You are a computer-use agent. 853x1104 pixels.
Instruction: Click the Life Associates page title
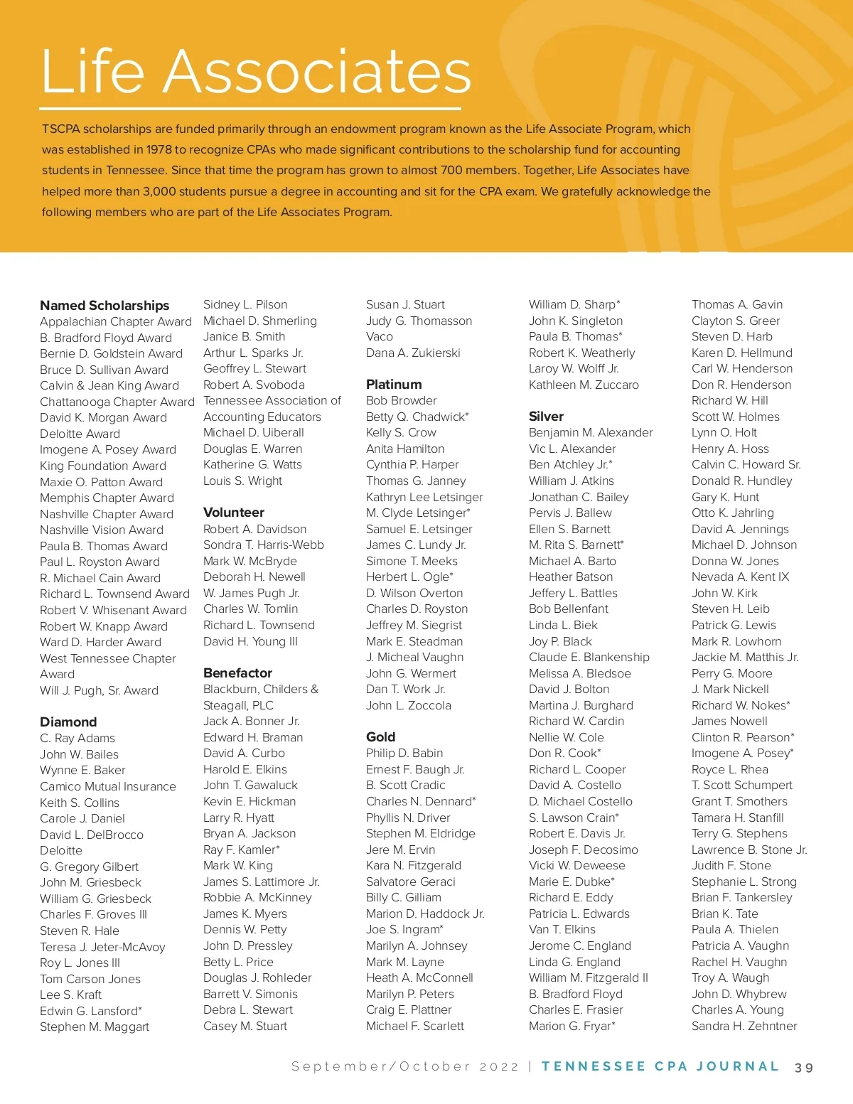pyautogui.click(x=256, y=71)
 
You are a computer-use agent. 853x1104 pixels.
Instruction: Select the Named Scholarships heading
pyautogui.click(x=104, y=306)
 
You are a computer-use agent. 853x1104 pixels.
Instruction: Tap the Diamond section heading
pyautogui.click(x=68, y=722)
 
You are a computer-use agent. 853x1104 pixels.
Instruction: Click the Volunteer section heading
pyautogui.click(x=234, y=513)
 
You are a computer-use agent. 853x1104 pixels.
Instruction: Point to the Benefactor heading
pyautogui.click(x=237, y=673)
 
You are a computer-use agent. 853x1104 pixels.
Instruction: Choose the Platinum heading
pyautogui.click(x=394, y=385)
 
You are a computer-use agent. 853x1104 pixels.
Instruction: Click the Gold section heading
pyautogui.click(x=380, y=737)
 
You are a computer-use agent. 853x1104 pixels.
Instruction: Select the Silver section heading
pyautogui.click(x=546, y=417)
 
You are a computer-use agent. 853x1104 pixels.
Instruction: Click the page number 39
pyautogui.click(x=804, y=1068)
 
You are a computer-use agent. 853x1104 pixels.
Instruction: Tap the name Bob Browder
pyautogui.click(x=401, y=401)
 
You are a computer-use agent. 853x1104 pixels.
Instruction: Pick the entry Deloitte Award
pyautogui.click(x=80, y=434)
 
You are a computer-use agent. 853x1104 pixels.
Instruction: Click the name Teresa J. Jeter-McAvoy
pyautogui.click(x=102, y=947)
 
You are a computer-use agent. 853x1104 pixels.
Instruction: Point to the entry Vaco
pyautogui.click(x=379, y=337)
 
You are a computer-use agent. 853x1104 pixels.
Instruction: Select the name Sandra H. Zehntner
pyautogui.click(x=744, y=1027)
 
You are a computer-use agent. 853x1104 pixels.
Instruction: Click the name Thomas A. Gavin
pyautogui.click(x=737, y=305)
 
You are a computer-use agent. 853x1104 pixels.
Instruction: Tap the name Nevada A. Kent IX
pyautogui.click(x=740, y=577)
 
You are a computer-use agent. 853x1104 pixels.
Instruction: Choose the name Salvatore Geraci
pyautogui.click(x=410, y=882)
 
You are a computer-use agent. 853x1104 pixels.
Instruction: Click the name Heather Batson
pyautogui.click(x=570, y=577)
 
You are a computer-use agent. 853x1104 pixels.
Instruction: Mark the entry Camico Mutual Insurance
pyautogui.click(x=107, y=787)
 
